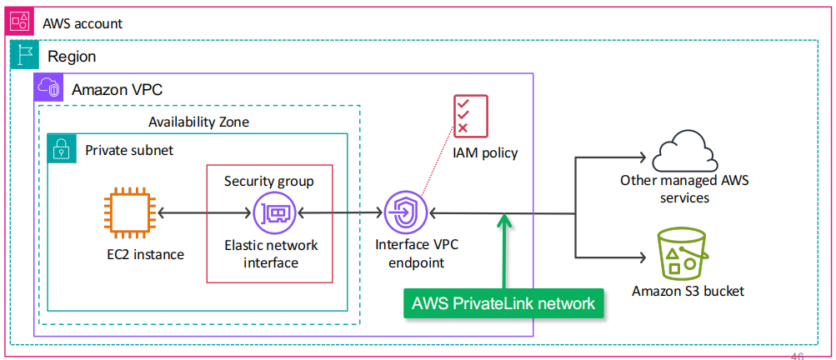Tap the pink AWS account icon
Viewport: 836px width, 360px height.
pyautogui.click(x=21, y=21)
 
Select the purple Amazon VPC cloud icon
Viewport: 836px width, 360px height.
pyautogui.click(x=48, y=88)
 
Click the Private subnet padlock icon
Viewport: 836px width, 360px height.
pyautogui.click(x=62, y=150)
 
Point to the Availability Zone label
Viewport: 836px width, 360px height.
pyautogui.click(x=198, y=122)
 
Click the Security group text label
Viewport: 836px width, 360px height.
pyautogui.click(x=269, y=181)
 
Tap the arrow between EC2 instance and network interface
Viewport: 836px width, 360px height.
pyautogui.click(x=204, y=214)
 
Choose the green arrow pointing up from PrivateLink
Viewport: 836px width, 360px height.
pyautogui.click(x=504, y=250)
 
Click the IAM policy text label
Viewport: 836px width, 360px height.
pyautogui.click(x=485, y=152)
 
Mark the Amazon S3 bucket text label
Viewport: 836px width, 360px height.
pyautogui.click(x=688, y=291)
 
